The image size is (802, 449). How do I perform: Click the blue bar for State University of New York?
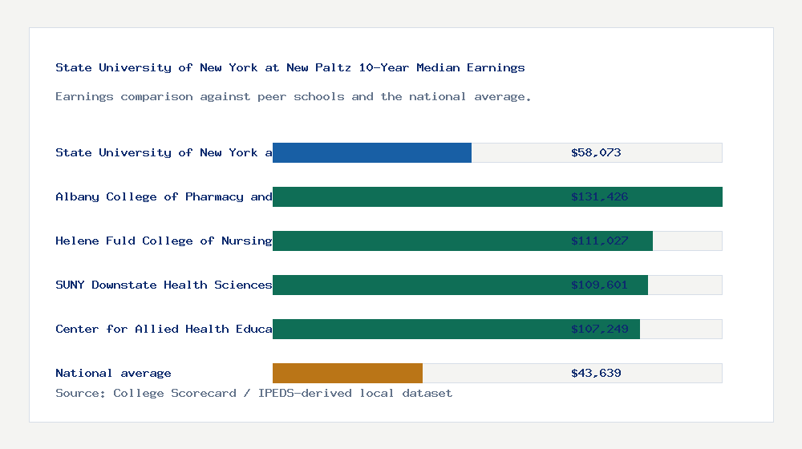click(x=372, y=152)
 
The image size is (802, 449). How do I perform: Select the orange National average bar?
click(x=347, y=373)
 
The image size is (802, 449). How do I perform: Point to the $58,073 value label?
click(x=596, y=152)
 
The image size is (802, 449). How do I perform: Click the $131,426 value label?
click(x=599, y=196)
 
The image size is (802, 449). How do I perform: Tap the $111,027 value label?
click(x=599, y=241)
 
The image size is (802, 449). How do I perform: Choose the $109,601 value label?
click(x=599, y=285)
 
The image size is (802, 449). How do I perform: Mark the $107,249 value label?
click(x=599, y=329)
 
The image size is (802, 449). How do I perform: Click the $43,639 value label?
click(x=596, y=373)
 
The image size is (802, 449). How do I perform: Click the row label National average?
click(x=113, y=373)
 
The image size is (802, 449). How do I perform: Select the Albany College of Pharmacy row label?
click(x=164, y=196)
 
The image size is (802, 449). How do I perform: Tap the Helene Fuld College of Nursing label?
click(x=164, y=241)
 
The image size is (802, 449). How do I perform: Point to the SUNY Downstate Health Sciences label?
click(x=164, y=285)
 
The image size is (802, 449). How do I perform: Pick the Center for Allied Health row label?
click(x=164, y=329)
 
